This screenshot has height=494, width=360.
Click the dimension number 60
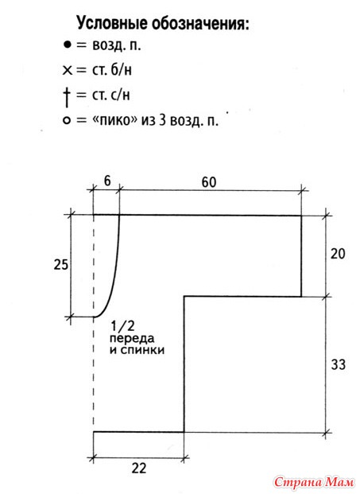pos(209,182)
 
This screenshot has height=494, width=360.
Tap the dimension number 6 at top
pos(107,181)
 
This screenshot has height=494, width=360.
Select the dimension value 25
pos(60,265)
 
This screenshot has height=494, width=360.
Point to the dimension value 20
pos(338,254)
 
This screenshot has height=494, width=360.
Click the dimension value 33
pos(339,364)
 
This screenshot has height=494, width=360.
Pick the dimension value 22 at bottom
pos(139,469)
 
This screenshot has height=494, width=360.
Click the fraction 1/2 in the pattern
pos(122,326)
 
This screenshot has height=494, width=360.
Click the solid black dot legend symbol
pos(67,45)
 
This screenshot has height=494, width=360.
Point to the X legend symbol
pos(68,70)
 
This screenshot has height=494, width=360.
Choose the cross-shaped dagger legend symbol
pos(67,97)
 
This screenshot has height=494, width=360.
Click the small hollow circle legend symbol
pos(67,121)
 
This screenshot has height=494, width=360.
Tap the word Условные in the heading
pos(112,24)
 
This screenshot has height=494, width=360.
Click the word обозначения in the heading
pos(200,24)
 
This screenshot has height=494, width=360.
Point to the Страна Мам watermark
pos(314,482)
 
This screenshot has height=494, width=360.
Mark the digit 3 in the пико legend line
pos(162,120)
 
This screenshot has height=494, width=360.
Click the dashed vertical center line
pos(94,323)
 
